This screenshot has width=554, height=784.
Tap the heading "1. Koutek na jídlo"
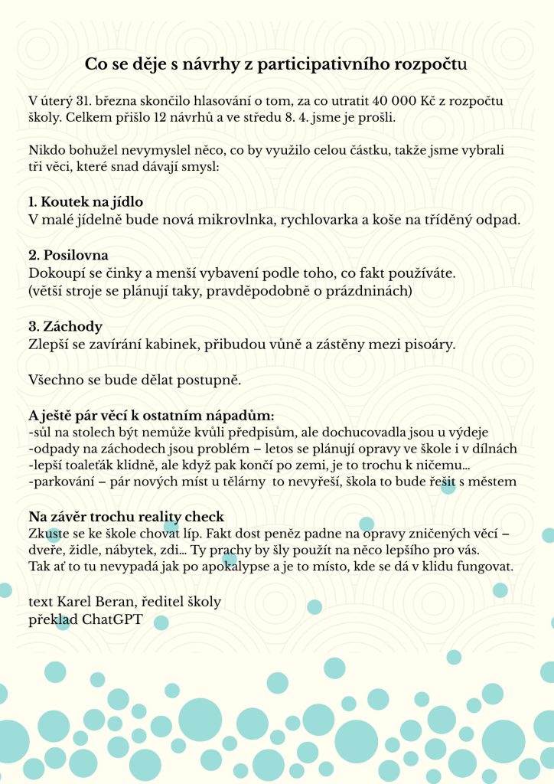86,202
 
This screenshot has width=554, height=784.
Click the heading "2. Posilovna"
68,255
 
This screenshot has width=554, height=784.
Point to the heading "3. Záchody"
65,326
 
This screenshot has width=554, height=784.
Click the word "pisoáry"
429,344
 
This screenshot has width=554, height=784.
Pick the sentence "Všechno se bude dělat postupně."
133,380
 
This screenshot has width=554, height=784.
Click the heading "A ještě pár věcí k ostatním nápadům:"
151,416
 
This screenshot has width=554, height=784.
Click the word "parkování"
65,482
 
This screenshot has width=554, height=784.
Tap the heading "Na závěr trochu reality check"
126,516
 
